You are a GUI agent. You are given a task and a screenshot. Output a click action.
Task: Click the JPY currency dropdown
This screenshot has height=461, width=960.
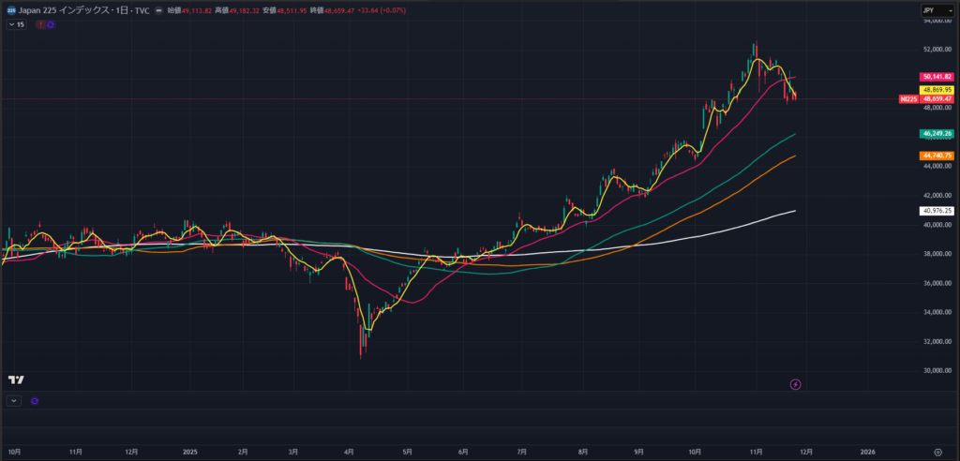[932, 9]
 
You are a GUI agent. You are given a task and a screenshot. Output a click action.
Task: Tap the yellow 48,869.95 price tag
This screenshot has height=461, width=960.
[937, 89]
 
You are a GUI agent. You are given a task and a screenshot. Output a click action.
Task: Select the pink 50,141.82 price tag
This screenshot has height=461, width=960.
[937, 77]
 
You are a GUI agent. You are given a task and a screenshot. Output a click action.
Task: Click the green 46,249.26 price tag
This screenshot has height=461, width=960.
[937, 134]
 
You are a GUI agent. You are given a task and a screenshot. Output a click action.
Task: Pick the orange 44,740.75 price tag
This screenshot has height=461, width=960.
[937, 156]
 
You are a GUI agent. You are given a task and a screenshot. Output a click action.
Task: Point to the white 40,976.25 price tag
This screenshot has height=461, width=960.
[937, 211]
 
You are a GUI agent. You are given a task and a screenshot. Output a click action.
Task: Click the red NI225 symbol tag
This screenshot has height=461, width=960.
[907, 98]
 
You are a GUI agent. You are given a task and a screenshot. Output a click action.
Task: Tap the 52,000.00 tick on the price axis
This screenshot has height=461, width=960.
[937, 49]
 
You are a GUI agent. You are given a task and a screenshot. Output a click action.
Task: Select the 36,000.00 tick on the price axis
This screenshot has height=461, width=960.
[937, 283]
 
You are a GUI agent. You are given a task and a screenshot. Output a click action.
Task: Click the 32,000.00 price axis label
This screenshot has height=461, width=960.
[937, 342]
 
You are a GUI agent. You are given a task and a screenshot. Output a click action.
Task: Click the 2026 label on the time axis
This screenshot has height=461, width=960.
[867, 451]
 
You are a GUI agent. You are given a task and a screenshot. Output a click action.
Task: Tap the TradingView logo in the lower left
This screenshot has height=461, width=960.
[15, 379]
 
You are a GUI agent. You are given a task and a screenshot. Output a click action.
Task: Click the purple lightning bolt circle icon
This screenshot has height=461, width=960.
[796, 384]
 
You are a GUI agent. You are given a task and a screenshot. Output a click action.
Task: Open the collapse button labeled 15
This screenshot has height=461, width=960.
[17, 24]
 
